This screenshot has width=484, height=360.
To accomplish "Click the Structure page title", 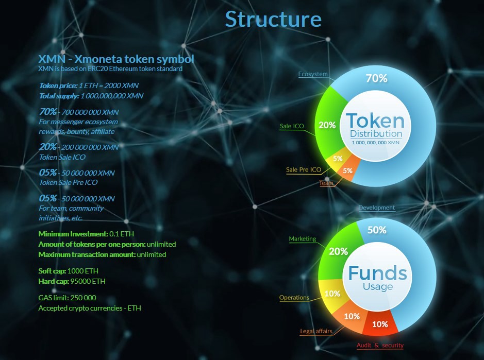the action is point(273,19).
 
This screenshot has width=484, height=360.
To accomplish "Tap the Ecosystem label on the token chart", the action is point(313,74).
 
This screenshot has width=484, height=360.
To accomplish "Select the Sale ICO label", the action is point(291,126).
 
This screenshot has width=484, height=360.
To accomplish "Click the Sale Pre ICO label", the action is point(303,169).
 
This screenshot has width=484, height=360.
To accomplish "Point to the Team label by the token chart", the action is point(326,183).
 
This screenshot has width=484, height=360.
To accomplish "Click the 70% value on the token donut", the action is point(376,78).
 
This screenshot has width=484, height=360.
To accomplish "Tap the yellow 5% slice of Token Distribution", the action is point(338,159).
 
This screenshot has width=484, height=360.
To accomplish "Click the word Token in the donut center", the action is point(375,121).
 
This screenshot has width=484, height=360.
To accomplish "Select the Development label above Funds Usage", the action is point(376,208).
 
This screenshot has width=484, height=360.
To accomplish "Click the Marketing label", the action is point(302,239).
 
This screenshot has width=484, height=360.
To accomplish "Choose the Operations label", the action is point(294,298).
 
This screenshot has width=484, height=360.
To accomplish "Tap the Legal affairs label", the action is point(316,331).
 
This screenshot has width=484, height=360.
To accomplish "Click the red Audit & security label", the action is point(380,346).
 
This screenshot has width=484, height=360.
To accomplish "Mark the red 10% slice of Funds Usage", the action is point(380,324).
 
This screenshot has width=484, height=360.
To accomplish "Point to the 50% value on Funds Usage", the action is point(376,230).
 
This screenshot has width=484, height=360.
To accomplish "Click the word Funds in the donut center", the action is point(377,273).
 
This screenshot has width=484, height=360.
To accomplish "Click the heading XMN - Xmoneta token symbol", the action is point(116,59).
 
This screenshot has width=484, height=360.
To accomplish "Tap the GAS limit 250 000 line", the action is point(67,298).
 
